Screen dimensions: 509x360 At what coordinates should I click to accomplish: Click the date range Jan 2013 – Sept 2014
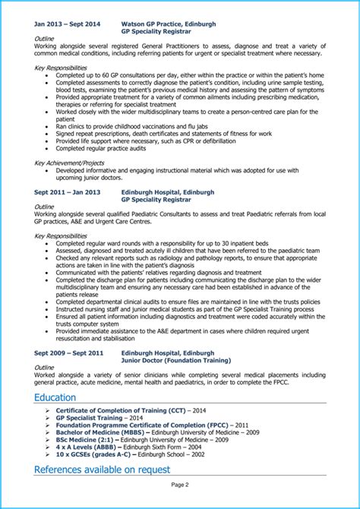67,24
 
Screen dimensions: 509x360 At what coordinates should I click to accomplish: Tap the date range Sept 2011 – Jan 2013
67,192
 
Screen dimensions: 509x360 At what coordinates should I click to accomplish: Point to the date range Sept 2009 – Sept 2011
68,353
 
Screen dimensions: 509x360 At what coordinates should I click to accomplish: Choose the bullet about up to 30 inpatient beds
163,243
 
